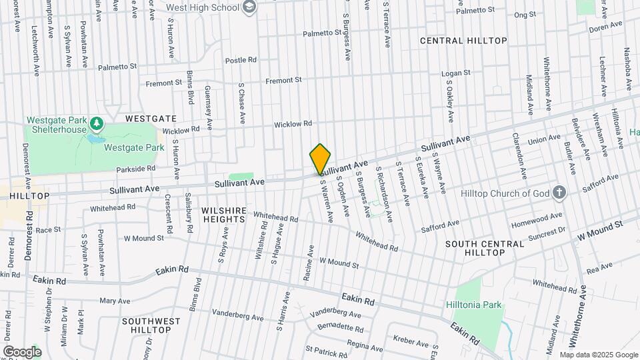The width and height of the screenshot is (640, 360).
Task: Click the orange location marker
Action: [x=320, y=159]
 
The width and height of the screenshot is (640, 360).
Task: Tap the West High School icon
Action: [x=250, y=8]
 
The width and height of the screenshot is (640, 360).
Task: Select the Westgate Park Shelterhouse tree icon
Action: [x=97, y=124]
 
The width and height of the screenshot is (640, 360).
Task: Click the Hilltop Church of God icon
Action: [x=559, y=193]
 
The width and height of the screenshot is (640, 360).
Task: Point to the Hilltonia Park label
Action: [x=473, y=305]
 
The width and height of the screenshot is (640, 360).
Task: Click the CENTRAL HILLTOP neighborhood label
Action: [x=463, y=41]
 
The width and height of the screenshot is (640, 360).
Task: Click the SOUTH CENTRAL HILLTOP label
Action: [x=485, y=249]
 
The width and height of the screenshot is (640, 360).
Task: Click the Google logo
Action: [x=21, y=351]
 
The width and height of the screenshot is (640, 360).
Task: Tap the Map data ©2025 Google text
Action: [x=598, y=354]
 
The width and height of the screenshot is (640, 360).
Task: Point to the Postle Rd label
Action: [x=241, y=60]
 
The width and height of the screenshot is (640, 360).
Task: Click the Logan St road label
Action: [x=457, y=73]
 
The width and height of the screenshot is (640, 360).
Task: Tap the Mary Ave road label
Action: [x=114, y=301]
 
